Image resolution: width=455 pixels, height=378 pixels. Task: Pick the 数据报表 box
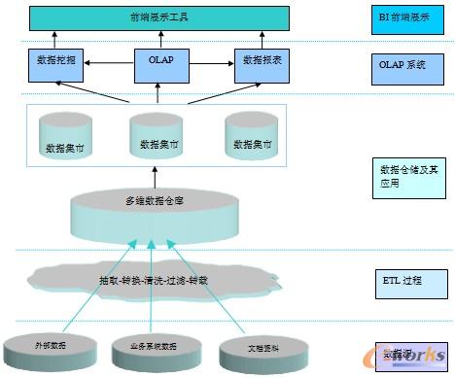(262, 62)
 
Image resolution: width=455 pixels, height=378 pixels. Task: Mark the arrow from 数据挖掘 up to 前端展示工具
(54, 38)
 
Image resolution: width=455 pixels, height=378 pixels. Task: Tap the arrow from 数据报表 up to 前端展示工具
(262, 38)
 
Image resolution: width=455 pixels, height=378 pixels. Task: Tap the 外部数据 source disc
(53, 346)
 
